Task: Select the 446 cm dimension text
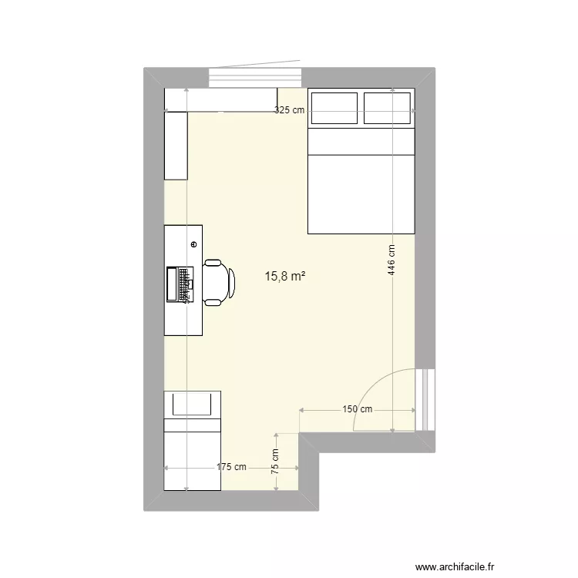(391, 260)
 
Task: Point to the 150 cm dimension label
(358, 409)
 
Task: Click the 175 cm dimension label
(231, 466)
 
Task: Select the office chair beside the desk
(217, 283)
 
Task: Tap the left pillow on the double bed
(334, 108)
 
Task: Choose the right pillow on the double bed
(388, 108)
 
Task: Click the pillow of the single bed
(192, 403)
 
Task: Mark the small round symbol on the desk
(193, 244)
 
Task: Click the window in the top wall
(254, 78)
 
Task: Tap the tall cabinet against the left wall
(176, 146)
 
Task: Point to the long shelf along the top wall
(220, 99)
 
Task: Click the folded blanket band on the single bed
(192, 425)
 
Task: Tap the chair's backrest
(231, 283)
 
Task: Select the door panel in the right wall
(424, 399)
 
